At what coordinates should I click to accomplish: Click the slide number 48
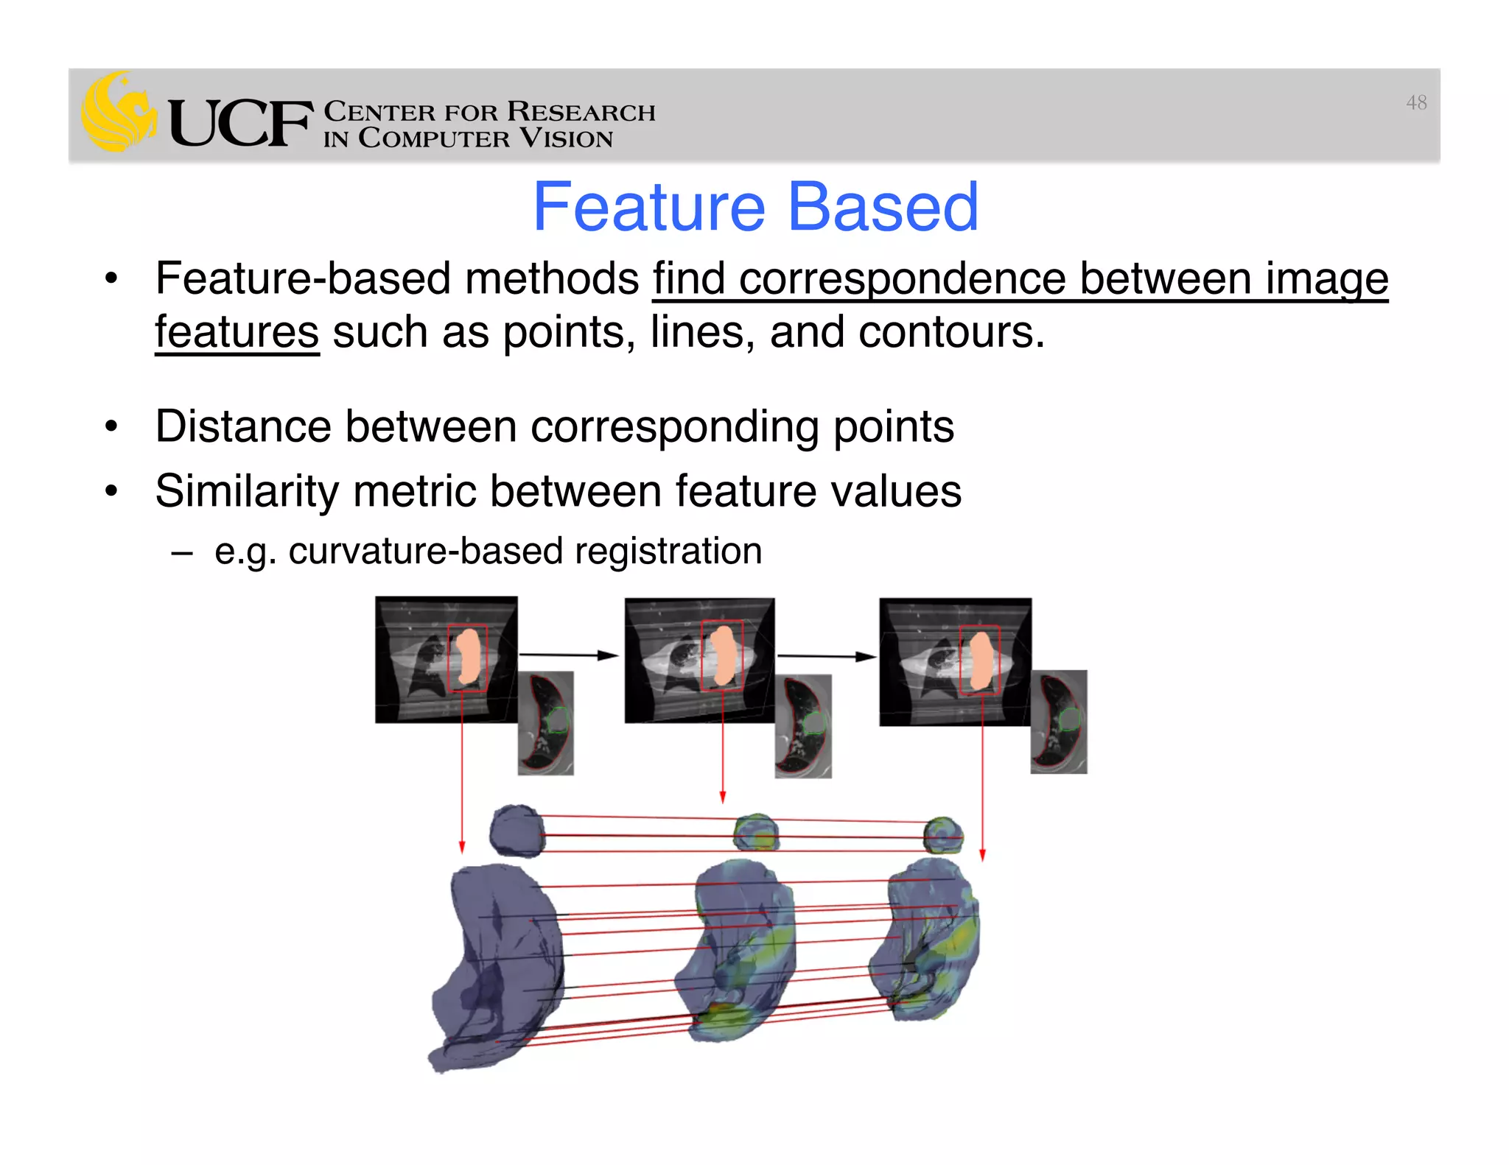click(x=1415, y=103)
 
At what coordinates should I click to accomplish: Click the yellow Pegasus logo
click(x=118, y=112)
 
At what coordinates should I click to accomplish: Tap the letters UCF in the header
click(x=239, y=123)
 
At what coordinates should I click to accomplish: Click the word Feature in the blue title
click(x=649, y=208)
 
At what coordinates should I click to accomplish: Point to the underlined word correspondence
click(x=902, y=280)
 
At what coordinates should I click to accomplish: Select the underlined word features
click(x=237, y=333)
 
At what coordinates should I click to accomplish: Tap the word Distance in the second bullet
click(x=242, y=426)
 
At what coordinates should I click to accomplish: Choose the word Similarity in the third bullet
click(x=246, y=491)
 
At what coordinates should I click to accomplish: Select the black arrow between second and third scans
click(x=826, y=655)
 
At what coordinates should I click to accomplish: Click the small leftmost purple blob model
click(x=517, y=831)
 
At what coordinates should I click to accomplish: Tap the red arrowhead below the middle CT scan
click(x=723, y=797)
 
